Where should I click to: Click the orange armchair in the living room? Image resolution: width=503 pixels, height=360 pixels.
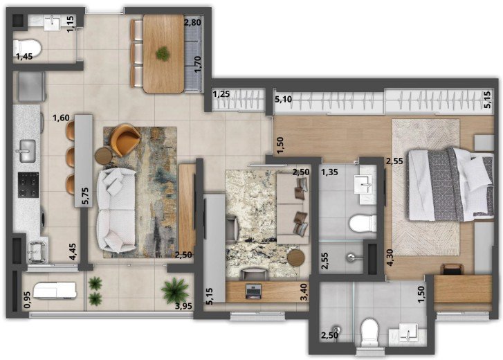pyautogui.click(x=125, y=139)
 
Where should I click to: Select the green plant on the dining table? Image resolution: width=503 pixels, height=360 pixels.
pyautogui.click(x=163, y=53)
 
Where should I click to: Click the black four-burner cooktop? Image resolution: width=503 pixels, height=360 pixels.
pyautogui.click(x=28, y=185)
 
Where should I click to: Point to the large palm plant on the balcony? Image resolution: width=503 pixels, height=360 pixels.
pyautogui.click(x=175, y=290)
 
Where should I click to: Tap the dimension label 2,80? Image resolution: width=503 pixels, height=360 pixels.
pyautogui.click(x=192, y=22)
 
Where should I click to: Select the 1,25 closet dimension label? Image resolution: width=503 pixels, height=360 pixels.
pyautogui.click(x=221, y=95)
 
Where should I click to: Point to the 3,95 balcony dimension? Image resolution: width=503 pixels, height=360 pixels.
pyautogui.click(x=183, y=306)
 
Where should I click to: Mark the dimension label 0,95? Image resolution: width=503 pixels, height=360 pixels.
pyautogui.click(x=27, y=300)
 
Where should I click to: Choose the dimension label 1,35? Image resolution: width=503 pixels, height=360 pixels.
pyautogui.click(x=329, y=172)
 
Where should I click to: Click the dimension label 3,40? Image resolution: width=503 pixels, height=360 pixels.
pyautogui.click(x=304, y=291)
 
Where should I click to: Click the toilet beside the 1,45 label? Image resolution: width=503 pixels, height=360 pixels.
pyautogui.click(x=28, y=48)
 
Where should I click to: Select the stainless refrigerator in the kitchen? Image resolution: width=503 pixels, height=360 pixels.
pyautogui.click(x=31, y=87)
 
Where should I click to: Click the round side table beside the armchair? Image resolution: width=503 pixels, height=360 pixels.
pyautogui.click(x=104, y=156)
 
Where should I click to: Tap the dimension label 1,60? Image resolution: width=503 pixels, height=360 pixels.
pyautogui.click(x=61, y=118)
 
